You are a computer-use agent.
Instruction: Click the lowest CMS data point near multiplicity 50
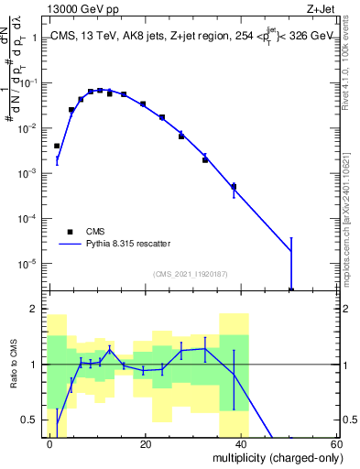[290, 289]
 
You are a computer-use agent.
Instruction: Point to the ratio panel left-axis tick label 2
[35, 310]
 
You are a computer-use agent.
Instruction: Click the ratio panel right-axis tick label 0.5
[345, 420]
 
